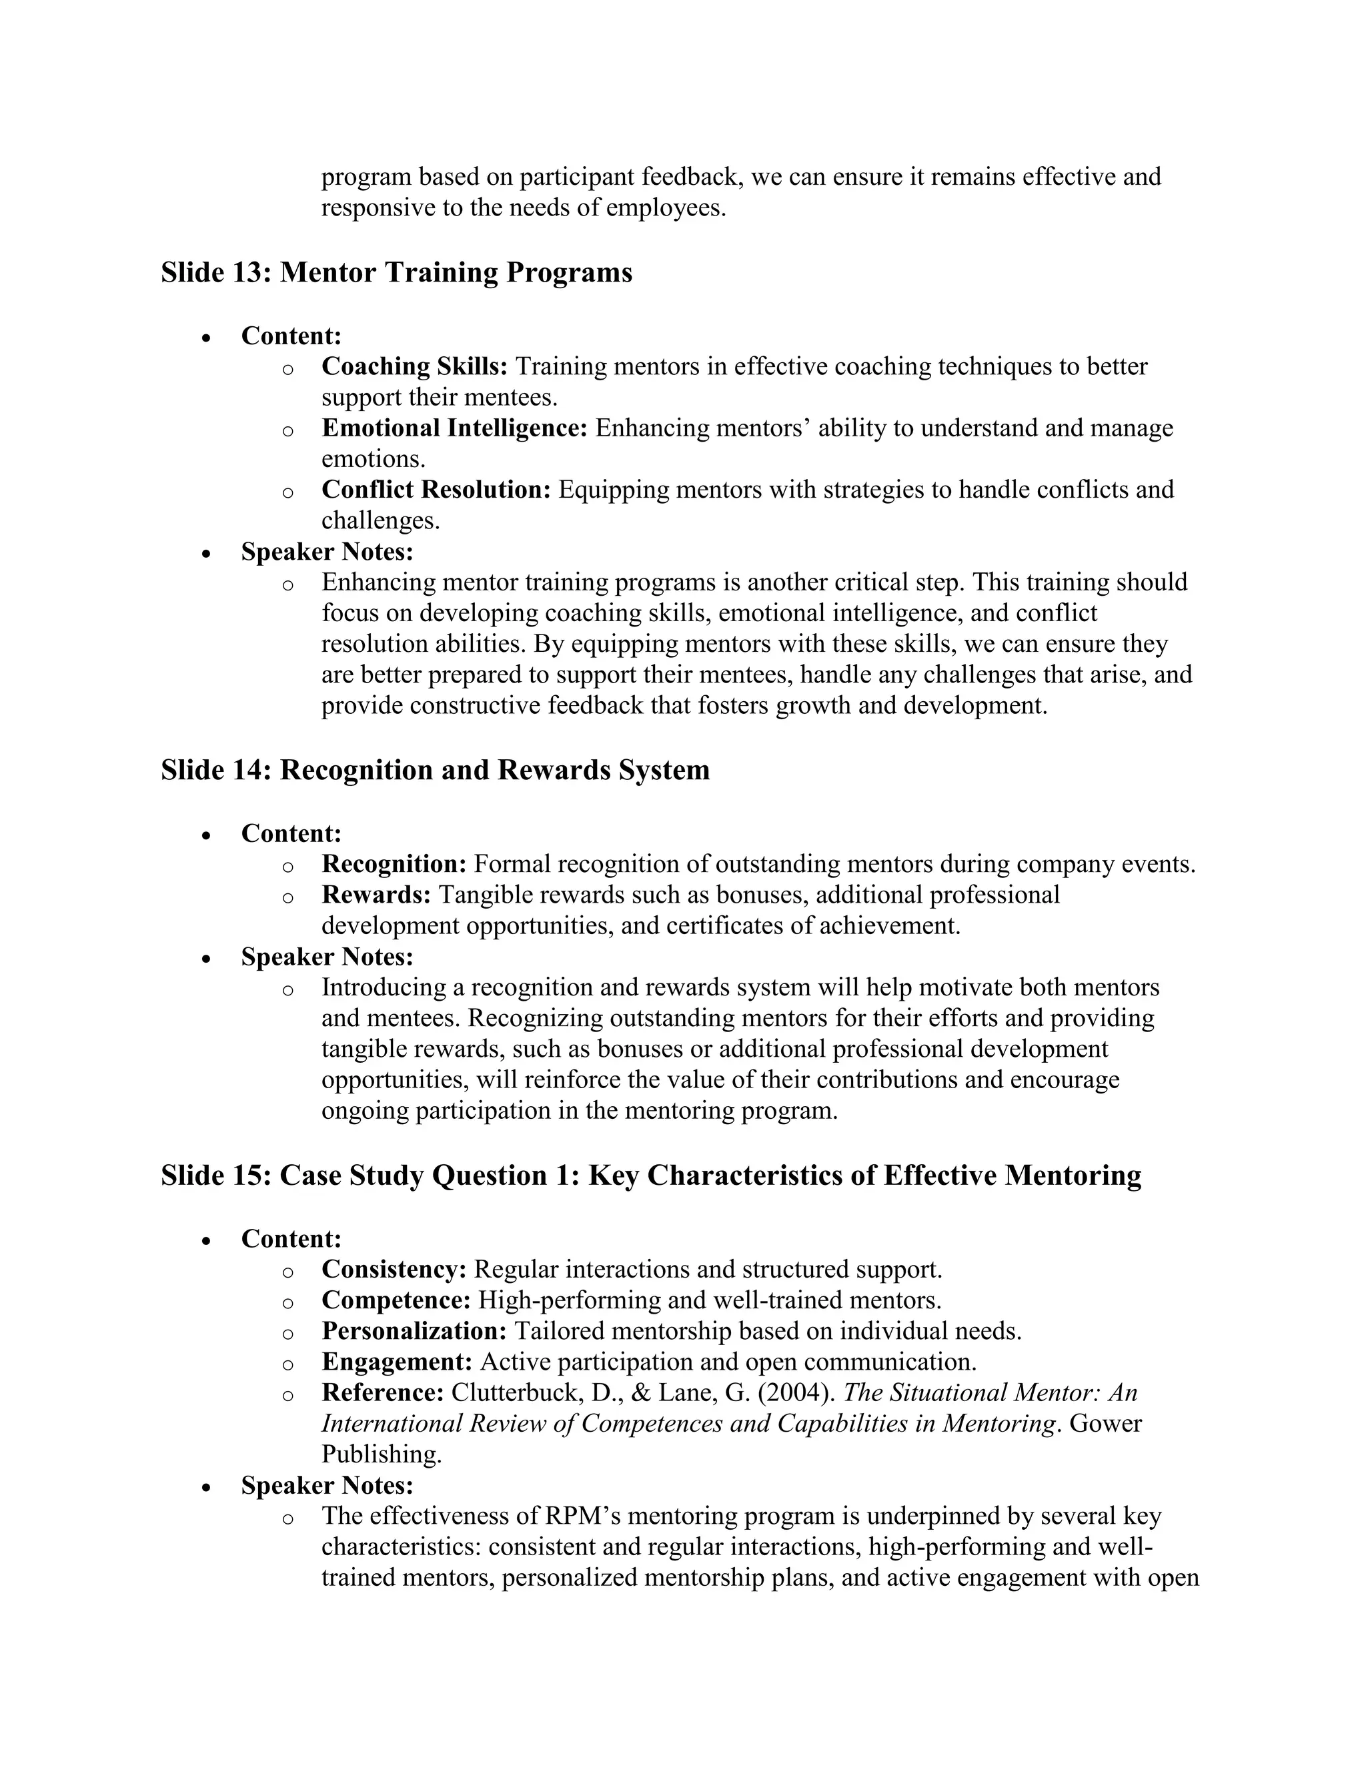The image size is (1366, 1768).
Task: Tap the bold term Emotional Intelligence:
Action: point(454,428)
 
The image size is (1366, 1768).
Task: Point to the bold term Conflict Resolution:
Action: point(436,489)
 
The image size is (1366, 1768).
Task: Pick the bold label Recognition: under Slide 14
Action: point(394,864)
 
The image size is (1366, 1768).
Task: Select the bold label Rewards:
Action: point(376,895)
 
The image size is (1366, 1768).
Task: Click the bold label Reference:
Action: point(383,1392)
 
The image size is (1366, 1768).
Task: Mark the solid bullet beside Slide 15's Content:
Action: point(207,1240)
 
